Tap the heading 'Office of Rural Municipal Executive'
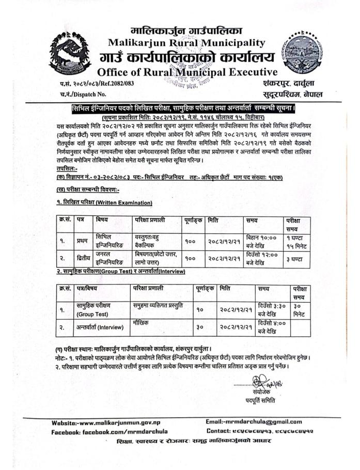(x=187, y=72)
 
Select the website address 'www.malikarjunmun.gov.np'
(x=118, y=422)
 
